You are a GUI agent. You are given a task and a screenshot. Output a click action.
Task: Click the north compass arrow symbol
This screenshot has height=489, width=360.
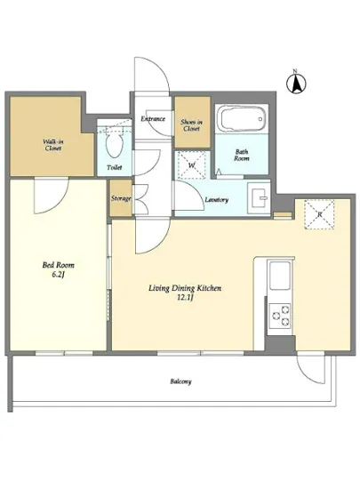tap(296, 83)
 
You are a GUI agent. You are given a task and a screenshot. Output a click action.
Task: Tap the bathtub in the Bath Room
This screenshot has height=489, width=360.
tap(242, 118)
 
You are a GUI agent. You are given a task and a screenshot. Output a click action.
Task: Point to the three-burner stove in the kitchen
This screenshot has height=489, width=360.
tap(280, 316)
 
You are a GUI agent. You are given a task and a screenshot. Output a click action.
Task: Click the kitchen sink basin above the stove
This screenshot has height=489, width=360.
tap(280, 276)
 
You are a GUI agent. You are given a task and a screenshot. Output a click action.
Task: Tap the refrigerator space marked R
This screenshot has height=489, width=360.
tap(319, 214)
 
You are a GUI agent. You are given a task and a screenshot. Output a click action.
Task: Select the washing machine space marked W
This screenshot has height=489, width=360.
tap(192, 164)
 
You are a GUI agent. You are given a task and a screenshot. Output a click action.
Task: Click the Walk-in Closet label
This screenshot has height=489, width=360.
tap(52, 145)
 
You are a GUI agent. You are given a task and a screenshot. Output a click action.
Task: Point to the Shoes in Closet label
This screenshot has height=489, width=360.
tap(191, 125)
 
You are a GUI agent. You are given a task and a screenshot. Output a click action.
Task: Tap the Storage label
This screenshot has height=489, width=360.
tap(121, 198)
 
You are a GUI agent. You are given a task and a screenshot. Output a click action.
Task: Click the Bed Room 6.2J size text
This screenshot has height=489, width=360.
tap(59, 275)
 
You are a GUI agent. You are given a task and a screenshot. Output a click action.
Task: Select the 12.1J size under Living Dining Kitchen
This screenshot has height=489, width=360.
tap(185, 297)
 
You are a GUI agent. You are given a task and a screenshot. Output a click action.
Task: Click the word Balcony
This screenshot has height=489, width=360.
tap(180, 381)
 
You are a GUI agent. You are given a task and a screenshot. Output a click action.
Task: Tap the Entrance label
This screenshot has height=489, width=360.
tap(153, 119)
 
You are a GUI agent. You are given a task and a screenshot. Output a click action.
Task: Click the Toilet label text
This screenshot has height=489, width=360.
tap(115, 167)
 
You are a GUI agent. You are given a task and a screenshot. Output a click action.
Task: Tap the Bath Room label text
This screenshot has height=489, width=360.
tap(242, 155)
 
